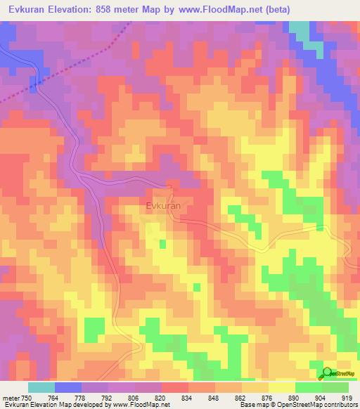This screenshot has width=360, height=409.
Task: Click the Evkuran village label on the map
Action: click(164, 206)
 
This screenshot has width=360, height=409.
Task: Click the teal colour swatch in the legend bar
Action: click(41, 388)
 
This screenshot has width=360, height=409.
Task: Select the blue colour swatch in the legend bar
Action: click(68, 388)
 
